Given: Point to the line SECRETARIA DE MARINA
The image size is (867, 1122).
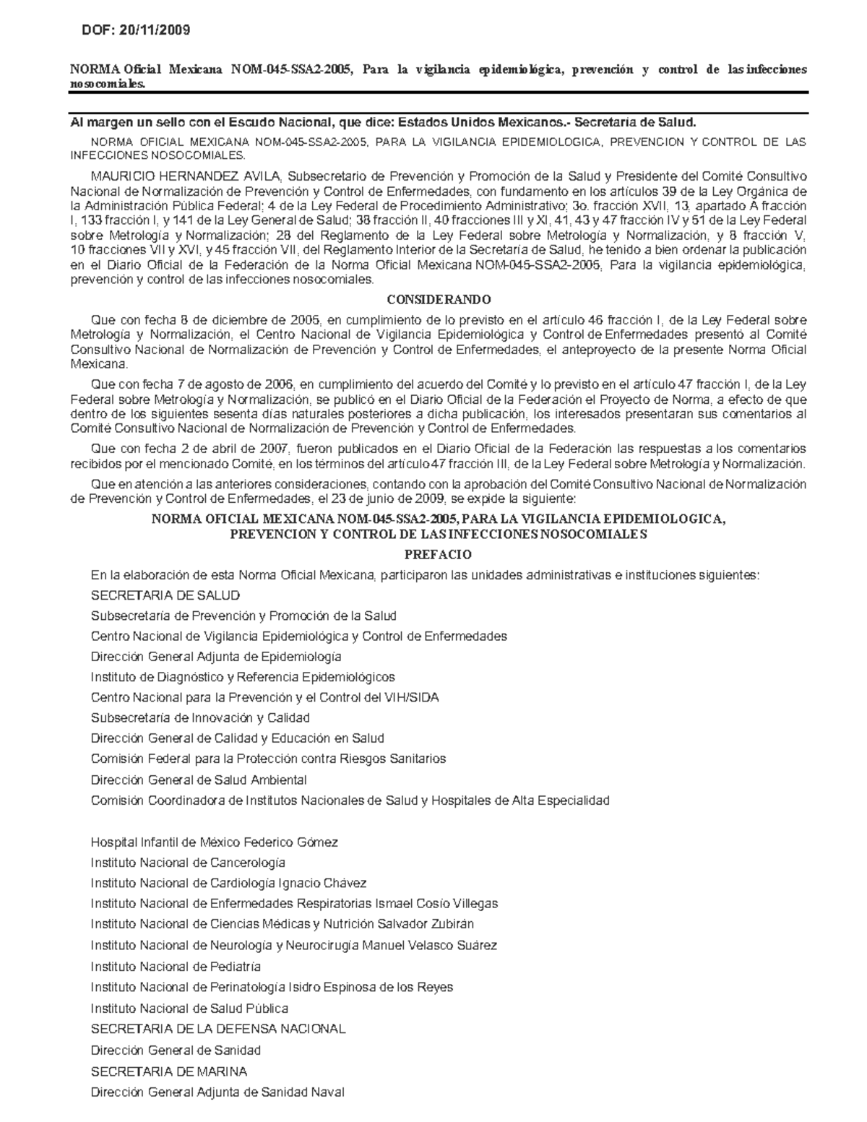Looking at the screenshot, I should point(168,1071).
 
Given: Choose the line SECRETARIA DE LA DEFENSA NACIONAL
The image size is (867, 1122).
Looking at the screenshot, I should point(217,1029).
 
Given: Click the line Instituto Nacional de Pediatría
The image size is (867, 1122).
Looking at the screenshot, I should point(176,967).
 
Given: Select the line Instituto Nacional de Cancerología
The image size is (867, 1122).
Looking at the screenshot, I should point(188,863).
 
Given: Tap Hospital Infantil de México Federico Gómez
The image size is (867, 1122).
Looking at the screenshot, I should point(214,842).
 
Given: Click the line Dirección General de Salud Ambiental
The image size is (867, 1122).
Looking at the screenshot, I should point(199,780).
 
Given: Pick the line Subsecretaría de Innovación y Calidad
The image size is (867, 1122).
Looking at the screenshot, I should point(200,718).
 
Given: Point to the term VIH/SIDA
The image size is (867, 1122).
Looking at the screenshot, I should point(413,698).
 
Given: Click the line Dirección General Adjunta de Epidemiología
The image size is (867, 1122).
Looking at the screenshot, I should point(216,657).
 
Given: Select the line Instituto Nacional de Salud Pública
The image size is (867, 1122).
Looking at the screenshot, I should point(189,1009).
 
